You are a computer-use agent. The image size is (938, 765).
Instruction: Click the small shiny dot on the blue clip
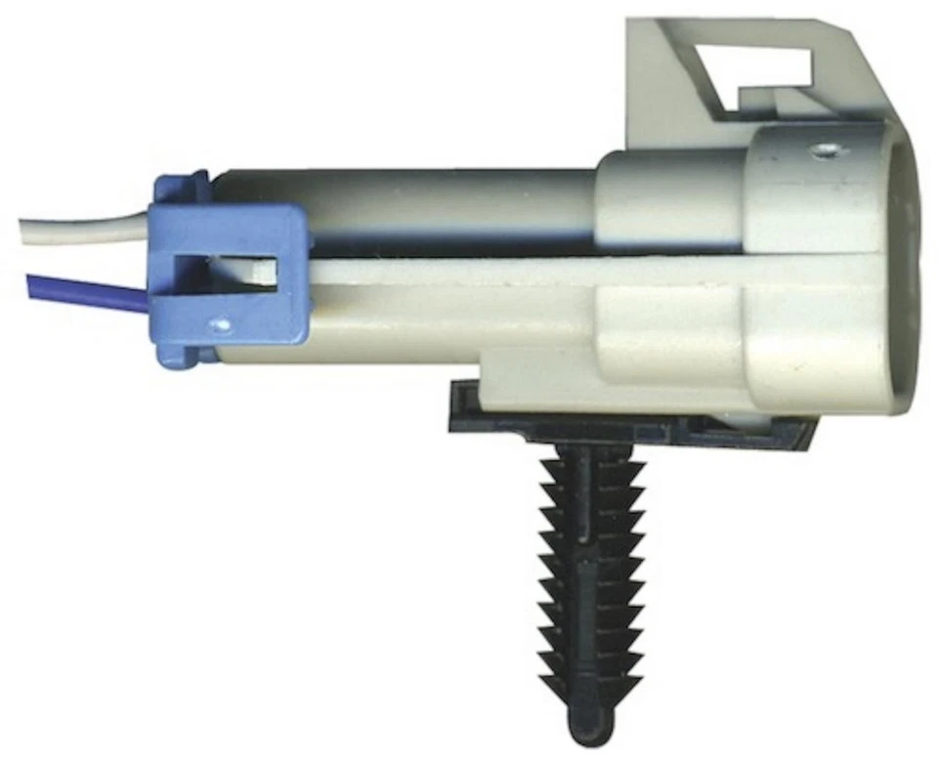pos(224,320)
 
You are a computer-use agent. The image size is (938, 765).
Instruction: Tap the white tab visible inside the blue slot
pos(256,270)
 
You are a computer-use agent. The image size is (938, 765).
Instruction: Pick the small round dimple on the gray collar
pos(828,150)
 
